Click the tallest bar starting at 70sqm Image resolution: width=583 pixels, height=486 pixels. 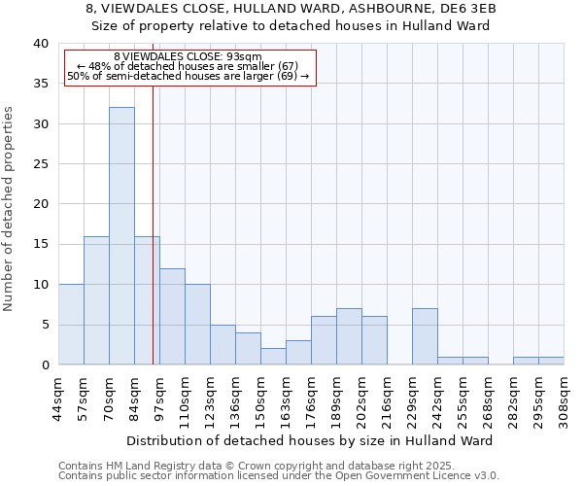click(121, 236)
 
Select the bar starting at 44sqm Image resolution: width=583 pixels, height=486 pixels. click(71, 325)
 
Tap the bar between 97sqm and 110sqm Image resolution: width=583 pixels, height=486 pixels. click(172, 317)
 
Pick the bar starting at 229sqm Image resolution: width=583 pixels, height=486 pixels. click(425, 336)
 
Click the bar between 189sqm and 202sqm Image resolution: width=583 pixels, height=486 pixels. click(349, 336)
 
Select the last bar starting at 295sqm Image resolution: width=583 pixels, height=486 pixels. click(551, 361)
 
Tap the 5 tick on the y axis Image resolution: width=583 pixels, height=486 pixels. click(44, 325)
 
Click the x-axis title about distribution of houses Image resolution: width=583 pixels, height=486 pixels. click(309, 440)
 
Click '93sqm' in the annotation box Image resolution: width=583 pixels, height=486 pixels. click(242, 57)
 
